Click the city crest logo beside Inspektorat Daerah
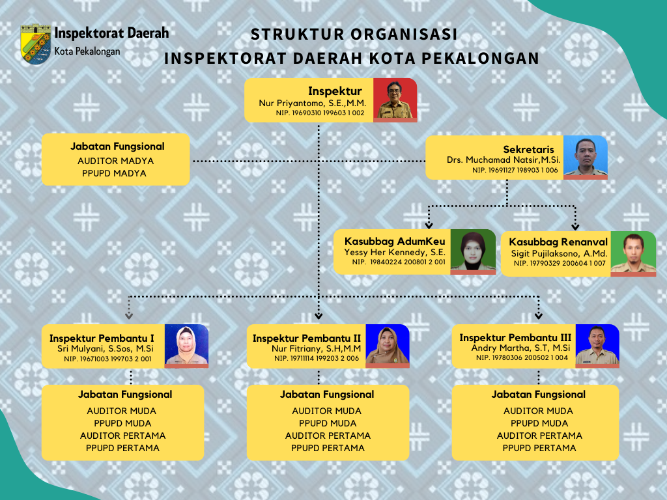click(36, 44)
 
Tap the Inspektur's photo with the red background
click(395, 100)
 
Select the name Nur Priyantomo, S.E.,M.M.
click(312, 103)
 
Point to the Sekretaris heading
click(528, 149)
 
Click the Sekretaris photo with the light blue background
click(586, 158)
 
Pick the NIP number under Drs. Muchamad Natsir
click(515, 170)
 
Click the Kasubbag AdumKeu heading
click(395, 242)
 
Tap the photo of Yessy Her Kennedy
click(473, 252)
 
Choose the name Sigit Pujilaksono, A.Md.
click(559, 254)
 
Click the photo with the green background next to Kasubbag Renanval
click(633, 254)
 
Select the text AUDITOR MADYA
click(116, 161)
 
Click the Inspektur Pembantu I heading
click(102, 339)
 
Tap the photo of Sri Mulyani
click(186, 346)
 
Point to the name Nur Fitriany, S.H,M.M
click(316, 349)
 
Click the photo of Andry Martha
click(597, 346)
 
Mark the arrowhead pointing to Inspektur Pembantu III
click(539, 316)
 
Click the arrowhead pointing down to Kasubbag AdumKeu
click(429, 225)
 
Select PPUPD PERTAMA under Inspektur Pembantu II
click(328, 448)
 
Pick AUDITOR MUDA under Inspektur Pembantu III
click(538, 411)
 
